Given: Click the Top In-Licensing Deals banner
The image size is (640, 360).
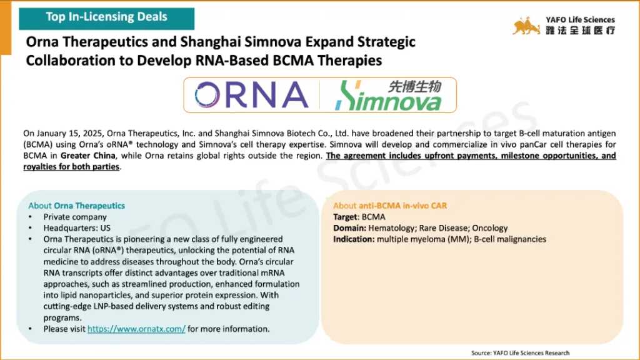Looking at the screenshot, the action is tap(106, 18).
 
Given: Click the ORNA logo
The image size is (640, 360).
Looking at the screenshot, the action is tap(251, 95).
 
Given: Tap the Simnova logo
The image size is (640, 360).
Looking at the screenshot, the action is tap(388, 96).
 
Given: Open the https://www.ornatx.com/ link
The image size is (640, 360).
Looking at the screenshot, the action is tap(136, 329).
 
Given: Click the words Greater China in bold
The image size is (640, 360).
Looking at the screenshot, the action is tap(87, 156).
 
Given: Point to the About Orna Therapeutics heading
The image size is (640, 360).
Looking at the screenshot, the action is tap(76, 206).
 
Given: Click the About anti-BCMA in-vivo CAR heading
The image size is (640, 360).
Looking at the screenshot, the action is tap(390, 206).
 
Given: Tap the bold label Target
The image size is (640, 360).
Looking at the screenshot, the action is tap(346, 217).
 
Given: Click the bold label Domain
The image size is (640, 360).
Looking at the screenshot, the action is tap(349, 227).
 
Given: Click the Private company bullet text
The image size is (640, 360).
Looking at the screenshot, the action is tap(75, 217).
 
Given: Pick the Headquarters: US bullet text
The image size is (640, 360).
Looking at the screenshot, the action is tap(77, 227).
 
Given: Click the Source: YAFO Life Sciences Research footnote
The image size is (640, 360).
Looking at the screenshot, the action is tap(521, 353).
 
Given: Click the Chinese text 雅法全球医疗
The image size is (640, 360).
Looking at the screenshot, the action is tap(581, 30).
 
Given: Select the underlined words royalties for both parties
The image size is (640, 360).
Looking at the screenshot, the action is tap(71, 166).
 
